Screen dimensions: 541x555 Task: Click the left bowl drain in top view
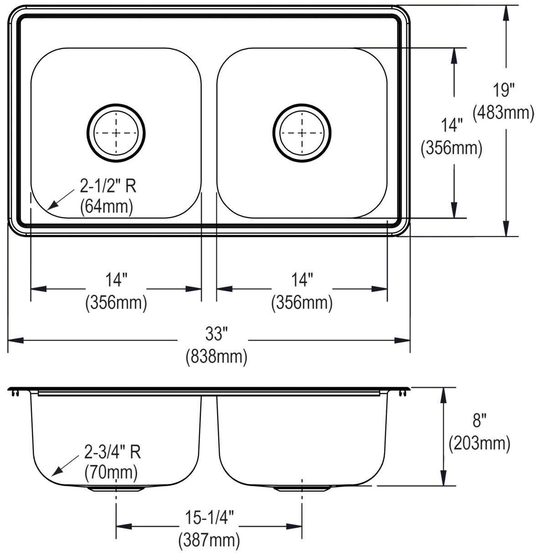pos(116,133)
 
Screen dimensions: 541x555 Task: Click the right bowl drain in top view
pos(302,133)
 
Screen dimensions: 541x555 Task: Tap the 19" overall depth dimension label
pos(503,90)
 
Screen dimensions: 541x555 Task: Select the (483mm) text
pos(503,113)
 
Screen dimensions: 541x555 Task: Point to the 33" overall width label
pos(217,334)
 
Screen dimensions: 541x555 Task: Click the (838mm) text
pos(216,357)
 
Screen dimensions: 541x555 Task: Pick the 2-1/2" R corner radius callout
pos(108,186)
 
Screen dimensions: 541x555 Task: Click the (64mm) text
pos(107,207)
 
